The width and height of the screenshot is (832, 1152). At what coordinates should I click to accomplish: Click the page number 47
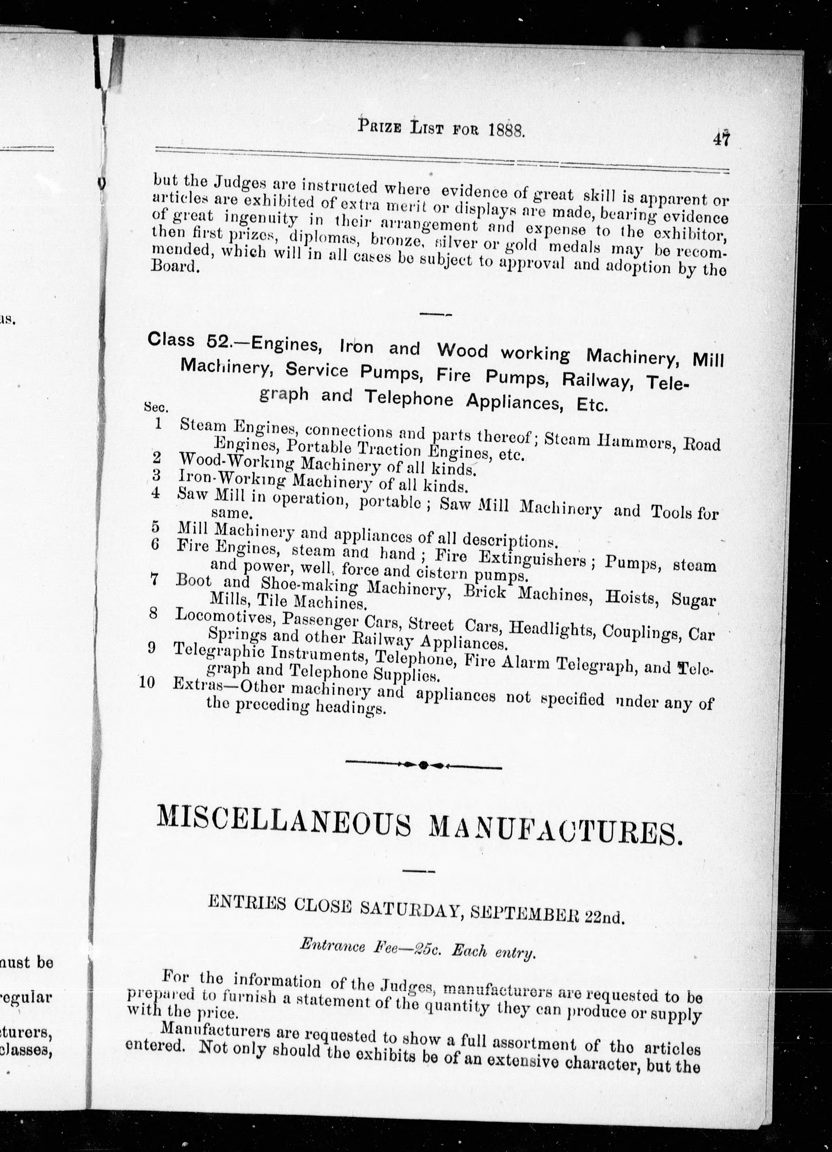pos(721,138)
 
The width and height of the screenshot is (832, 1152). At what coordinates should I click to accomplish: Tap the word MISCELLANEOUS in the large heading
pos(284,825)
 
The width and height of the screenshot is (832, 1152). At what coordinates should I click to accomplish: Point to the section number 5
pos(155,526)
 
